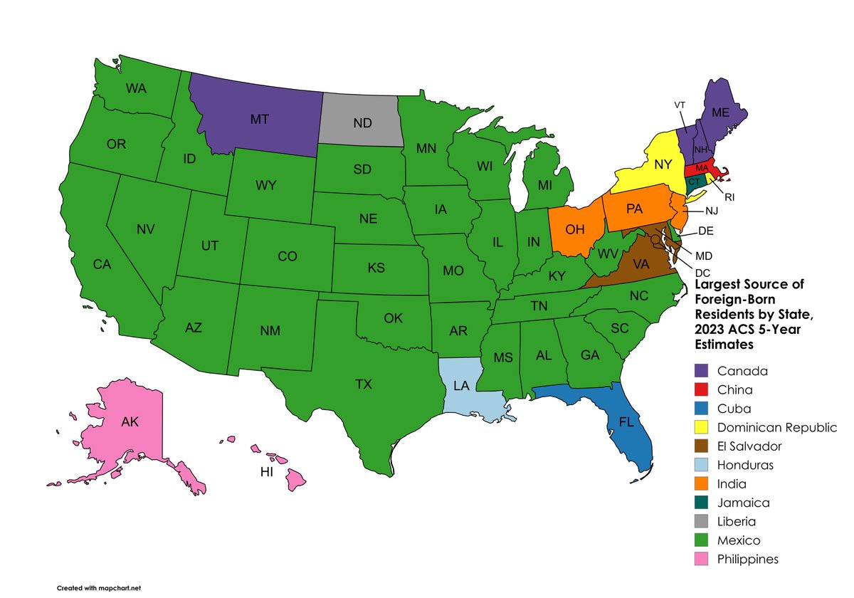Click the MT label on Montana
[x=259, y=120]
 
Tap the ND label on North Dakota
[x=362, y=122]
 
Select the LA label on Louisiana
[x=461, y=387]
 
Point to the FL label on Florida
[x=626, y=421]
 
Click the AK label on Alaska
[x=130, y=421]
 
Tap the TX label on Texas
[x=364, y=384]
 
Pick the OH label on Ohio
[x=575, y=229]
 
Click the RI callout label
[x=729, y=197]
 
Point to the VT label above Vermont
[x=680, y=105]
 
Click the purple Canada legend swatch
[x=703, y=371]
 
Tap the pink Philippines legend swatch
[x=703, y=560]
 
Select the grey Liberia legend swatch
[x=703, y=522]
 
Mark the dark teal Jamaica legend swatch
[x=703, y=503]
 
